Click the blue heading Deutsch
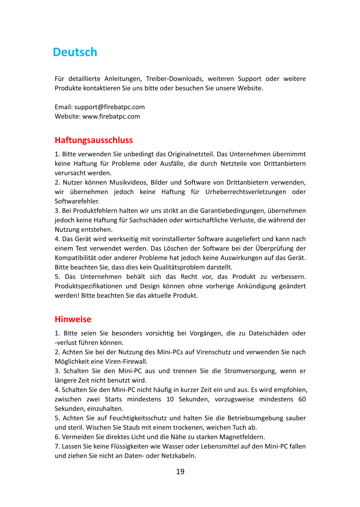(75, 52)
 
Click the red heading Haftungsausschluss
(94, 140)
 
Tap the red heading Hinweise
(73, 319)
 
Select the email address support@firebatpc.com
(110, 107)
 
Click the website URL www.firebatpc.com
(111, 116)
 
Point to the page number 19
(180, 471)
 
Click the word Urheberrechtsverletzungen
(242, 192)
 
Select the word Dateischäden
(268, 333)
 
